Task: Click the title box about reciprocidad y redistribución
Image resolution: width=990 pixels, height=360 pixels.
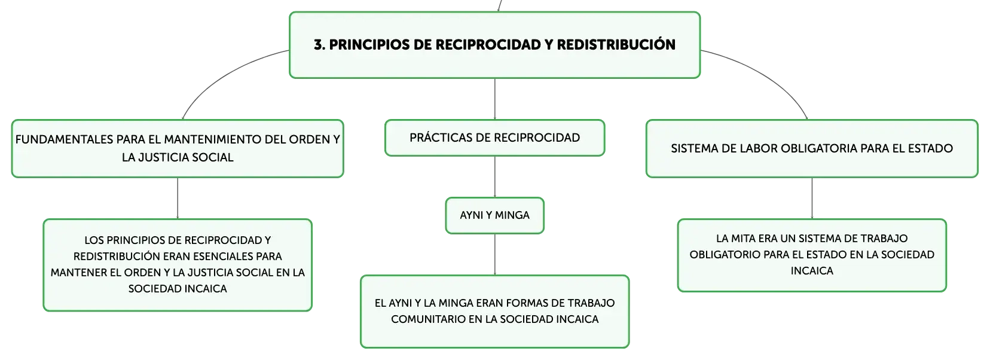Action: (x=494, y=45)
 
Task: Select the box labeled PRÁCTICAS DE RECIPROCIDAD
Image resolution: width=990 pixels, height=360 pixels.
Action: (x=494, y=138)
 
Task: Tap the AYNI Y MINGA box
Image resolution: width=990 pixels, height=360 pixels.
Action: (x=494, y=215)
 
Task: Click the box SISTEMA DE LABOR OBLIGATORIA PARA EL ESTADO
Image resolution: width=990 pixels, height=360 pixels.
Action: (x=812, y=148)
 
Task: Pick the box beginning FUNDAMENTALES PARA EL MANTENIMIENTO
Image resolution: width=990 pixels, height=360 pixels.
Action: (x=178, y=148)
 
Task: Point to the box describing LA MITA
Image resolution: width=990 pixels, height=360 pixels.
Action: (x=812, y=255)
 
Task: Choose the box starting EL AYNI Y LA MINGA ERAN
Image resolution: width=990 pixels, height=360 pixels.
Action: (x=494, y=312)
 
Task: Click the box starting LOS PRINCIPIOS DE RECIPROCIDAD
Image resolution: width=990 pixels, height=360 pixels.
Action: (x=178, y=265)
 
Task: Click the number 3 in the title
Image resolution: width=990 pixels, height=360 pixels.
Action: (x=318, y=45)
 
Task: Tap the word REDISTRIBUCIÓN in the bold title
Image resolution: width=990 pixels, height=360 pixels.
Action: (x=616, y=44)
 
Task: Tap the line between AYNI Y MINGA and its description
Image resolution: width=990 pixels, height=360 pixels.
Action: (x=494, y=254)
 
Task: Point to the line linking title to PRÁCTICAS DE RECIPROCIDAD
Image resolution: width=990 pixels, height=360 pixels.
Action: (x=494, y=99)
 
